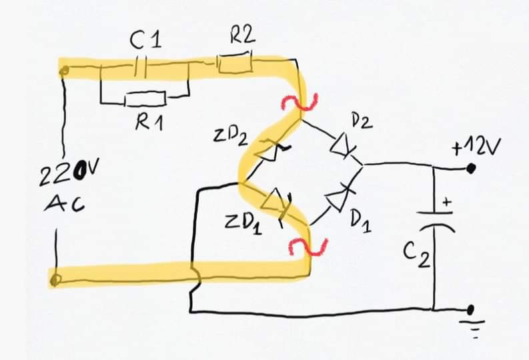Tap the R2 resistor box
point(235,62)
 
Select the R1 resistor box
point(145,98)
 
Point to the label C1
point(145,40)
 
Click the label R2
point(243,35)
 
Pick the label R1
point(149,121)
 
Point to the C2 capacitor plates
point(436,220)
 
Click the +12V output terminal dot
point(471,168)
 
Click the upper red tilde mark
point(300,103)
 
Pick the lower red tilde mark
point(308,247)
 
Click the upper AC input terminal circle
point(64,71)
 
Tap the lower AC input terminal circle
point(55,280)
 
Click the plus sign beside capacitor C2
point(446,202)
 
